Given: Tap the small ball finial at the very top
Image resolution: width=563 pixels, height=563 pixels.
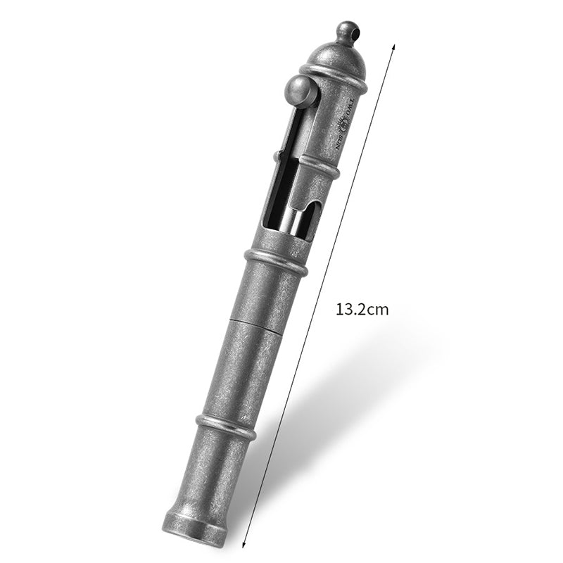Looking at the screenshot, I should [x=346, y=32].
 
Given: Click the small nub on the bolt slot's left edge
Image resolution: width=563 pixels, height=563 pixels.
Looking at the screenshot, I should [x=276, y=156].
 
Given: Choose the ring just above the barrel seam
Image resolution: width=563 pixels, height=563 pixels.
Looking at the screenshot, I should [x=275, y=262].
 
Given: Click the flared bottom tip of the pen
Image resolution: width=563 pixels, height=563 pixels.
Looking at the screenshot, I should [x=196, y=528].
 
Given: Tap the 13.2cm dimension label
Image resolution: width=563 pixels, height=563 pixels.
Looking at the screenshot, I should [x=362, y=309].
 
